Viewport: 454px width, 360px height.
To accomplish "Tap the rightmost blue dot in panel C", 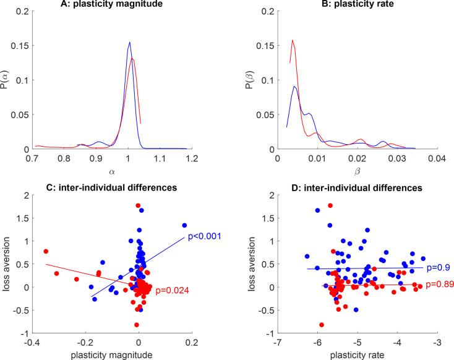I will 184,226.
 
